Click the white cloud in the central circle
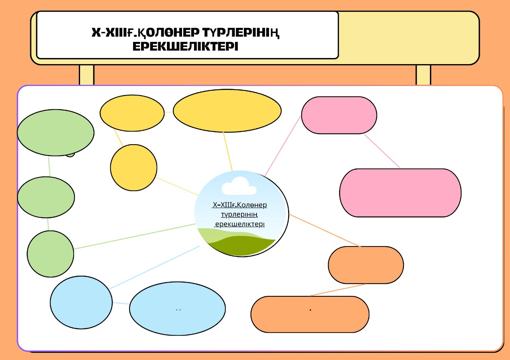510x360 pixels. click(239, 186)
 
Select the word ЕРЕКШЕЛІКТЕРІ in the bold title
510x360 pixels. click(185, 47)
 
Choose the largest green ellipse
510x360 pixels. click(55, 133)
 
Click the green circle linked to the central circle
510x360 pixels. click(50, 254)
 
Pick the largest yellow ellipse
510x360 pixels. click(227, 110)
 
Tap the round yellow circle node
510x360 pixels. click(133, 167)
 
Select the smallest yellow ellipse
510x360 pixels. click(132, 113)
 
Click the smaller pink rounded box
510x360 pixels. click(339, 115)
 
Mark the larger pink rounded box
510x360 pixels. click(400, 193)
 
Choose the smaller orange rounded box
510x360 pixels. click(366, 265)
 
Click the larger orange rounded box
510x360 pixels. click(310, 314)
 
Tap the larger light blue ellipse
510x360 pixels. click(177, 308)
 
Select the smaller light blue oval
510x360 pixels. click(81, 302)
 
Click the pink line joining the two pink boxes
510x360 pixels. click(382, 151)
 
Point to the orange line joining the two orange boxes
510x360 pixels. click(338, 290)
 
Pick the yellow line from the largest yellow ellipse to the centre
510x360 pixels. click(228, 151)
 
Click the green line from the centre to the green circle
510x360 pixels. click(135, 236)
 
